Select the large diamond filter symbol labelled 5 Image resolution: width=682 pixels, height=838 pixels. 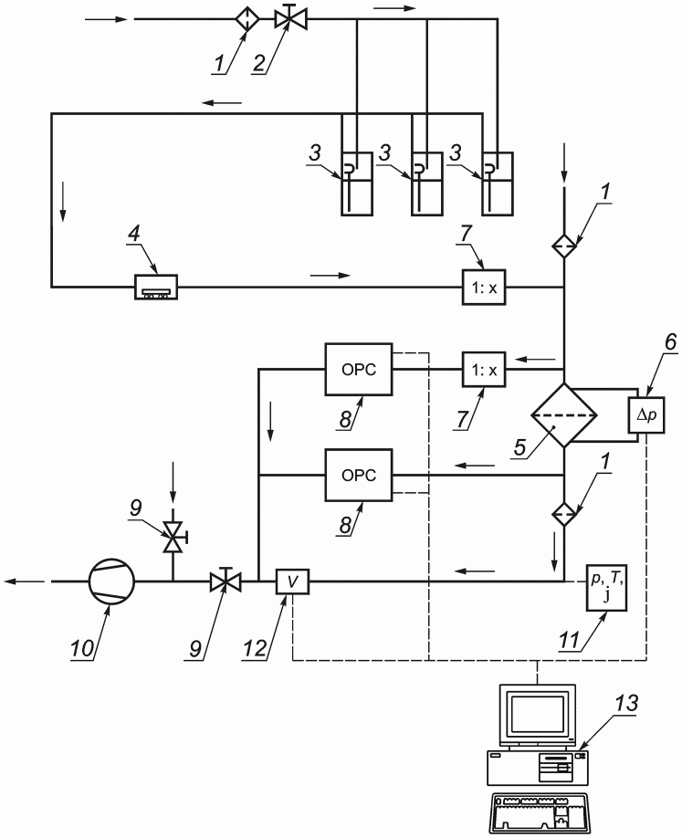(564, 415)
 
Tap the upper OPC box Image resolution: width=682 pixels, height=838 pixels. (359, 370)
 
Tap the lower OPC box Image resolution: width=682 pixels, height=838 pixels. (359, 475)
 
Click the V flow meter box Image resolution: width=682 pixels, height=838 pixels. (292, 581)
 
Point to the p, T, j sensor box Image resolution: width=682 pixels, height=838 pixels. (606, 588)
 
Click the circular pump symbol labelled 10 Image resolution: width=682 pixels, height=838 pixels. (111, 581)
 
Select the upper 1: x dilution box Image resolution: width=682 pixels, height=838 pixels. (484, 287)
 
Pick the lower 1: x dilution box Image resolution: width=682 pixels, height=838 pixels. (484, 370)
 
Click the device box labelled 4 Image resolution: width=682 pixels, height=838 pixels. (155, 287)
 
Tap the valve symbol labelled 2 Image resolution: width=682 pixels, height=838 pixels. (290, 17)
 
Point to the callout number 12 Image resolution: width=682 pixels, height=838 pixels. (255, 648)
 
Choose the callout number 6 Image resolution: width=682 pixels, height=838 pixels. (670, 342)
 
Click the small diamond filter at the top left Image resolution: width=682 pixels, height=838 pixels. (247, 19)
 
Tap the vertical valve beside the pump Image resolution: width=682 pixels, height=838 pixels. (173, 537)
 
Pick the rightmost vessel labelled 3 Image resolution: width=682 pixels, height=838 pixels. (497, 183)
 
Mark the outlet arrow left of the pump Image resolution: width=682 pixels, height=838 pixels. (26, 581)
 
